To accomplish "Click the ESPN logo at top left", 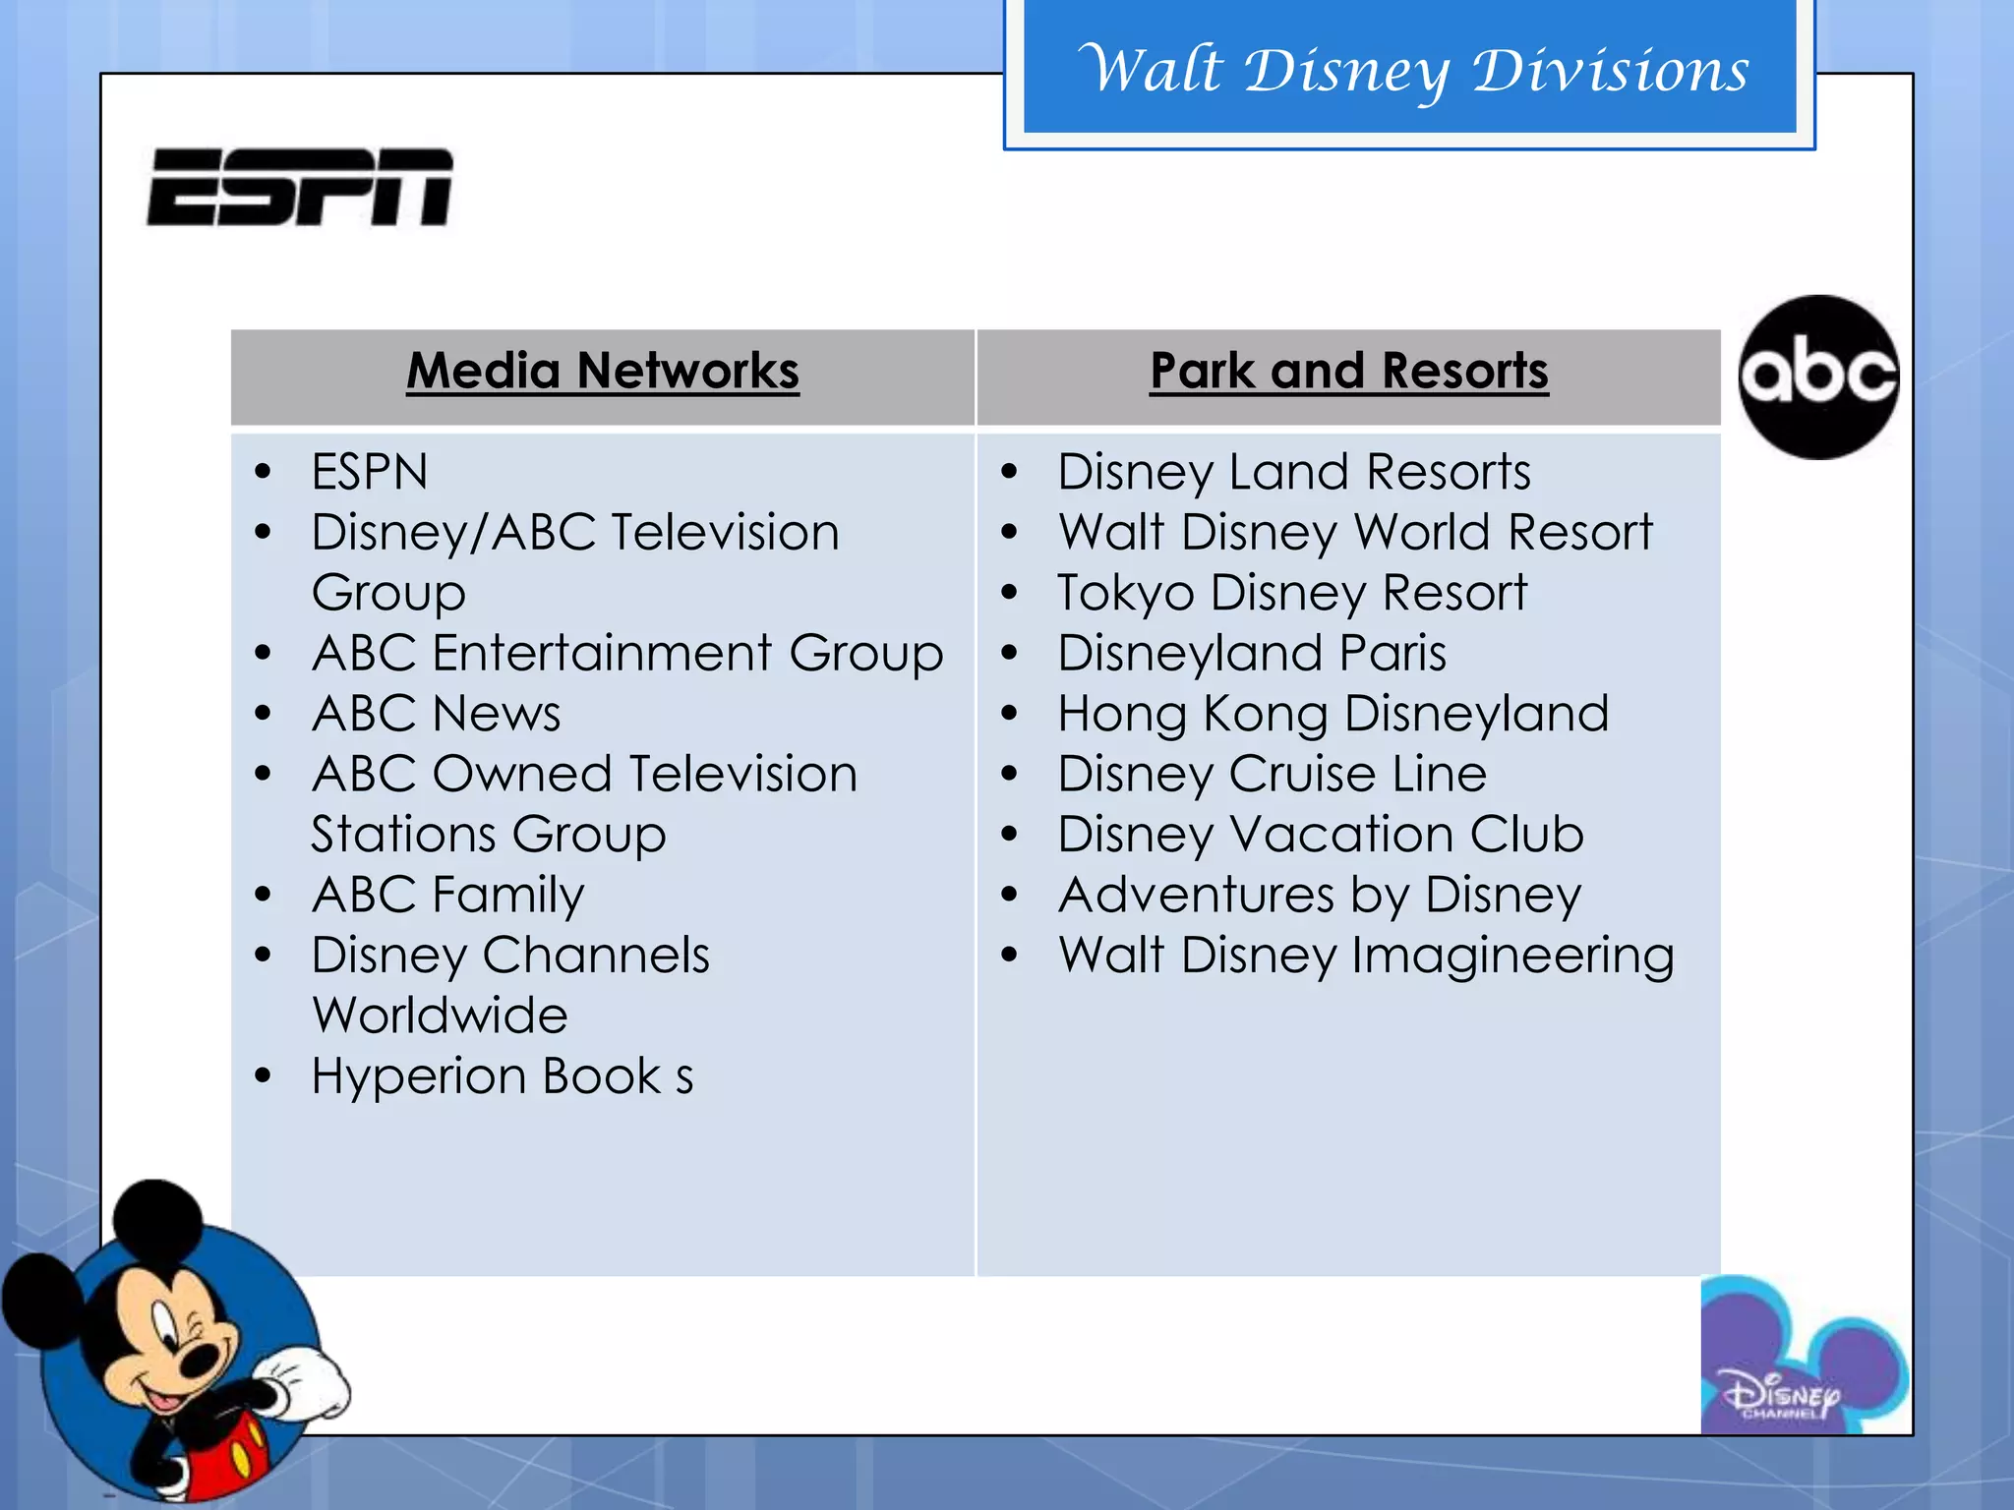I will point(300,187).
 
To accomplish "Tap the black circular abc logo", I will point(1818,377).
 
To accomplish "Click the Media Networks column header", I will point(603,372).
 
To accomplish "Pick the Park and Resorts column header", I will point(1348,372).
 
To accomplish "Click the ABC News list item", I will point(436,714).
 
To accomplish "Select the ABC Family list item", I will point(447,895).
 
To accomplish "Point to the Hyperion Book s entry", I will point(502,1076).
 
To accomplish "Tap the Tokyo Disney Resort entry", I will point(1291,593).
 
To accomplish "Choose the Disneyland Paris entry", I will point(1251,654).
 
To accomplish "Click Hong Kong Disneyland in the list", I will point(1333,714).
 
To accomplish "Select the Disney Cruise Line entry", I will point(1272,775).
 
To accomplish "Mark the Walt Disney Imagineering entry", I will point(1365,956).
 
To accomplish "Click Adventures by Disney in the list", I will point(1319,895).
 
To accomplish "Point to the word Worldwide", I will point(440,1016).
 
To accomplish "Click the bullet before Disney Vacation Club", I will point(1009,835).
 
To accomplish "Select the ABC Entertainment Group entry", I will point(627,654).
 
